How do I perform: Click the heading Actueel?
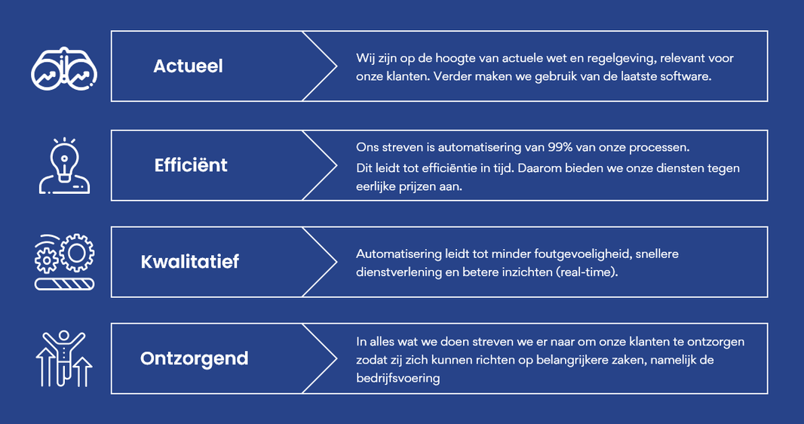(189, 66)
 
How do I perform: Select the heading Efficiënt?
(191, 165)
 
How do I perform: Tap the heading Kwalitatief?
(190, 262)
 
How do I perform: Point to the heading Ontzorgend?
(195, 358)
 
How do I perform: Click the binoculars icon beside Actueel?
(64, 69)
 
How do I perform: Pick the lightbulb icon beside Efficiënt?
(65, 165)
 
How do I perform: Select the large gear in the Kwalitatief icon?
(77, 252)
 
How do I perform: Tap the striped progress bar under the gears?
(65, 284)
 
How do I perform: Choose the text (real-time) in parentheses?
(587, 272)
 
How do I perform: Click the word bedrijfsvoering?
(398, 379)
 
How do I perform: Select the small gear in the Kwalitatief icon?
(47, 260)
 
